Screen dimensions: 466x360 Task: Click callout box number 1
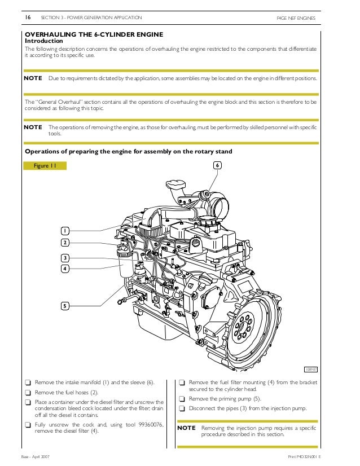[x=65, y=231]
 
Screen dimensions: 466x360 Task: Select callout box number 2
[x=65, y=243]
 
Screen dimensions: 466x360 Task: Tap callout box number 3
[x=65, y=258]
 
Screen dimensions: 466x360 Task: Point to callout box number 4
[x=65, y=269]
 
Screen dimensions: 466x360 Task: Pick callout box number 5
[x=65, y=306]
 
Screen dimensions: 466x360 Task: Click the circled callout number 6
[x=217, y=165]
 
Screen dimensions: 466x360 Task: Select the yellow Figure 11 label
[x=45, y=166]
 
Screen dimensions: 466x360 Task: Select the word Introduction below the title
[x=44, y=41]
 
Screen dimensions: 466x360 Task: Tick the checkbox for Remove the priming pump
[x=182, y=398]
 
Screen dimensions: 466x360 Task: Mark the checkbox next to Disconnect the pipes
[x=182, y=408]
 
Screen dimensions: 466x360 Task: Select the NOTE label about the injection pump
[x=187, y=428]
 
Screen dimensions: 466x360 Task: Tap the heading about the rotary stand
[x=129, y=152]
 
